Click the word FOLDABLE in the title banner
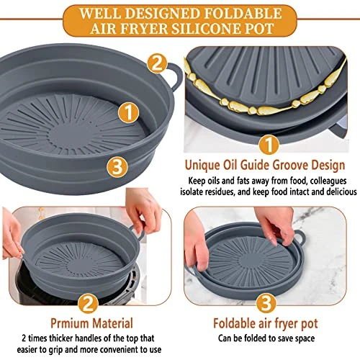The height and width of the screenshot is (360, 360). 242,13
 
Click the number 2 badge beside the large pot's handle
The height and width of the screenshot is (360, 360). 157,63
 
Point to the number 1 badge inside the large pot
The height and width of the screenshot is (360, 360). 129,112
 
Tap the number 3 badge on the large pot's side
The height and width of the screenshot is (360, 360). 117,167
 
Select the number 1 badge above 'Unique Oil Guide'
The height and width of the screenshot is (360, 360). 269,144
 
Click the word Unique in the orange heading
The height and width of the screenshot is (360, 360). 202,166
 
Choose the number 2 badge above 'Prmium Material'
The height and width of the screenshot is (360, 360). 89,303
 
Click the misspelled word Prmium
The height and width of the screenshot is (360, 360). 69,323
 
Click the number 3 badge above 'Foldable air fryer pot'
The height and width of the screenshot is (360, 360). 266,303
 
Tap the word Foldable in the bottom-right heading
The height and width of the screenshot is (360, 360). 234,323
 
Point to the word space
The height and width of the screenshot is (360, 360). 302,339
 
